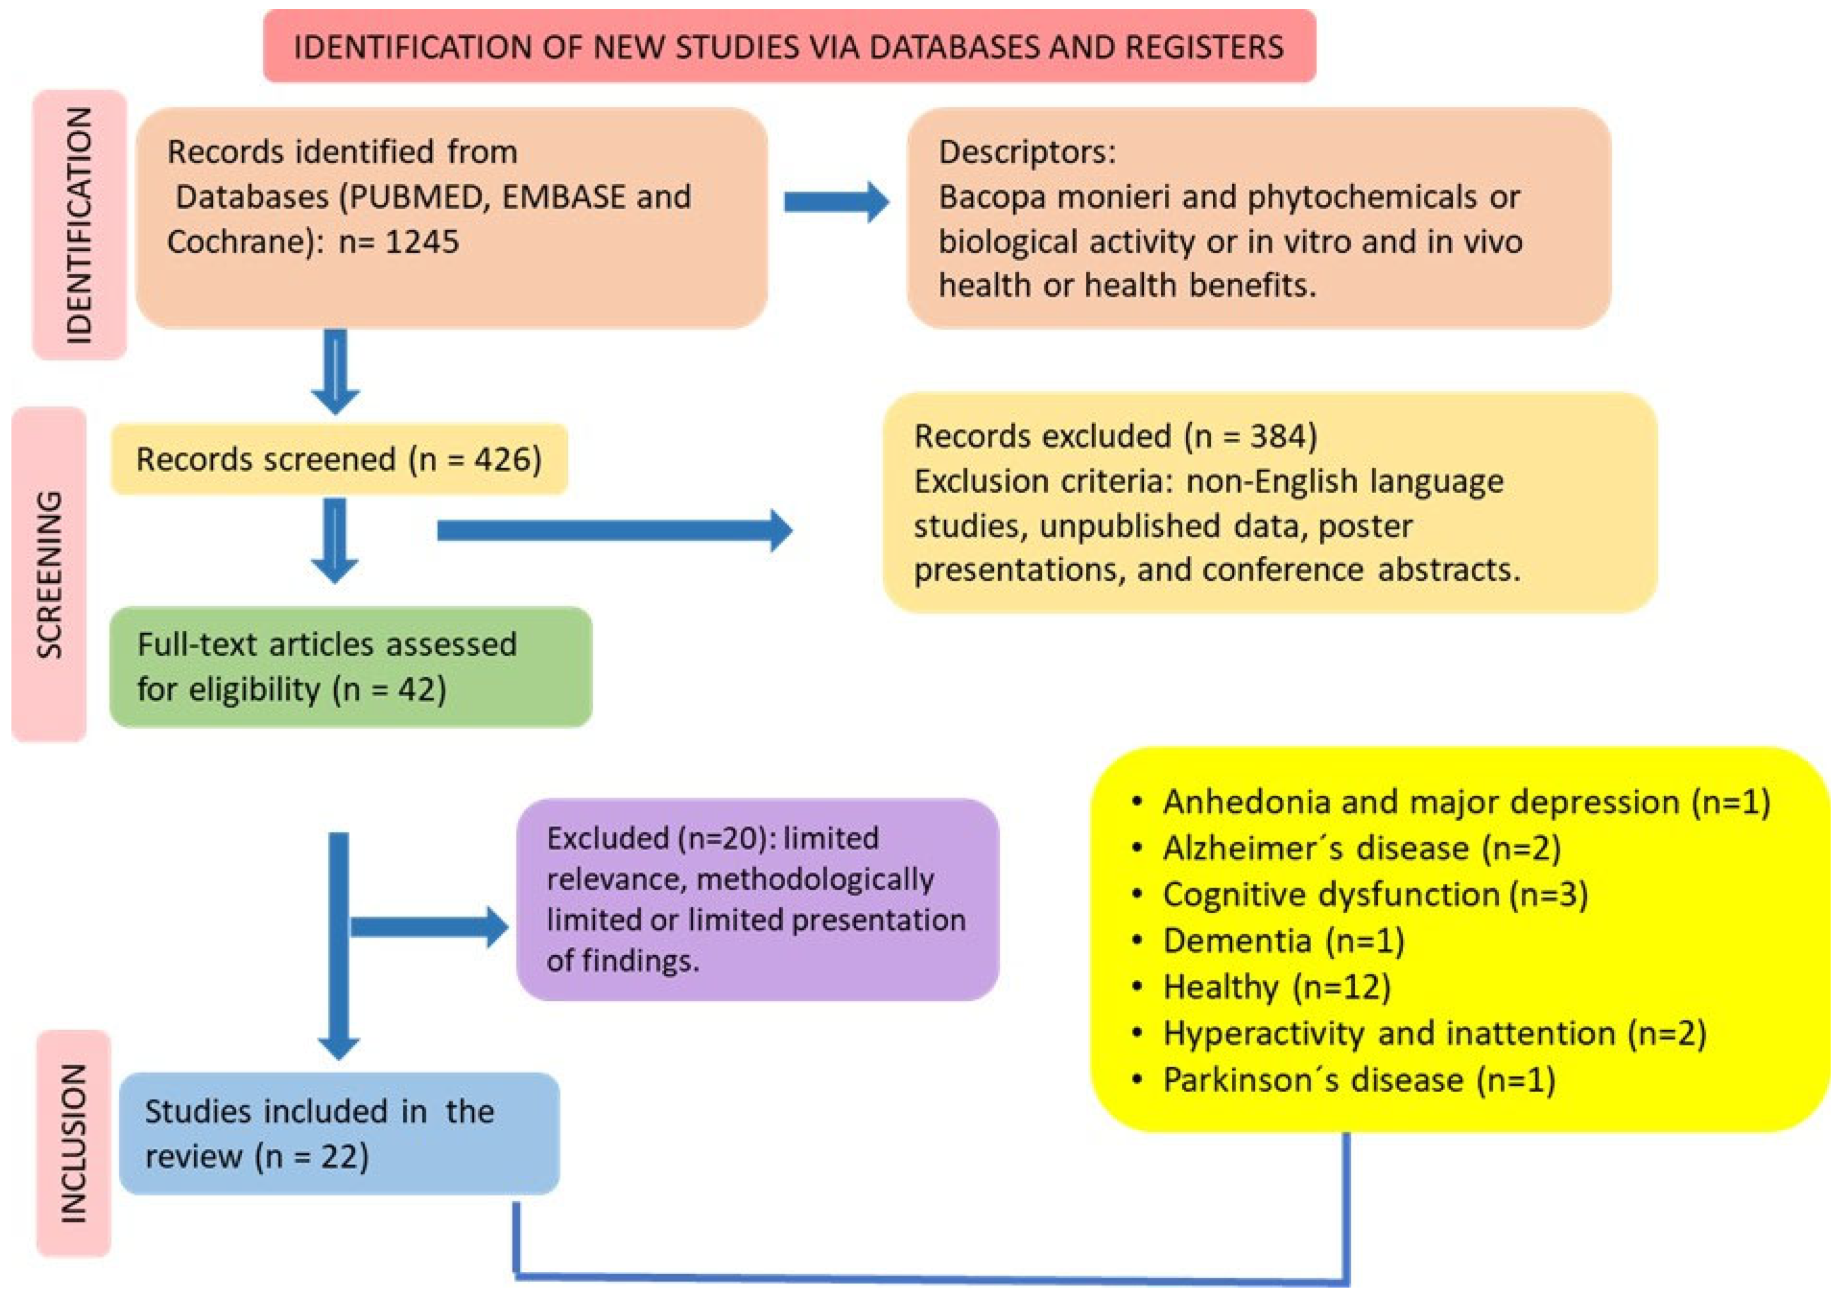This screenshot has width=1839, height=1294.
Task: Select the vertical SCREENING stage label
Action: [x=50, y=574]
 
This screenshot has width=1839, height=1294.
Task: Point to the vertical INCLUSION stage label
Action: [x=74, y=1143]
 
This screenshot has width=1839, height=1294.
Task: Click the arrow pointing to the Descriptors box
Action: [x=836, y=200]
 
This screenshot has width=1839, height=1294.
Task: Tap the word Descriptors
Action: [x=1026, y=151]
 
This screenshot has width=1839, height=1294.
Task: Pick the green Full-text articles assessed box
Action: [x=351, y=666]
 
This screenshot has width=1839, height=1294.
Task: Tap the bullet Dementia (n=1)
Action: [x=1283, y=941]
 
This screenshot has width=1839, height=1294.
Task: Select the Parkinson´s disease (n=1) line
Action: [x=1359, y=1079]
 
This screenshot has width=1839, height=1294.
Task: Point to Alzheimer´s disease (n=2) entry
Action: [x=1362, y=848]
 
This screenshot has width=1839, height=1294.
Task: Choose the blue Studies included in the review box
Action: [x=339, y=1133]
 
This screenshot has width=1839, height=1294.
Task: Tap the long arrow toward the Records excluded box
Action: [x=614, y=530]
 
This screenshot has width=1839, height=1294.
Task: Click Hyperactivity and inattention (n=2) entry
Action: [x=1434, y=1033]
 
